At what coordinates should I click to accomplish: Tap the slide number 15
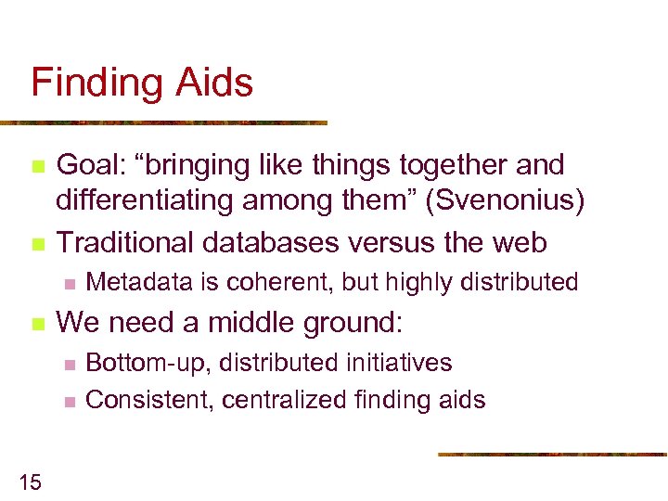30,481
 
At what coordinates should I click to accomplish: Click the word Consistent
139,400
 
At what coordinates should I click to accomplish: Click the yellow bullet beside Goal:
37,166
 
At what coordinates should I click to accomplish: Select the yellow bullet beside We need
37,324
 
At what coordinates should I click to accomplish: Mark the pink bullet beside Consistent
68,401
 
